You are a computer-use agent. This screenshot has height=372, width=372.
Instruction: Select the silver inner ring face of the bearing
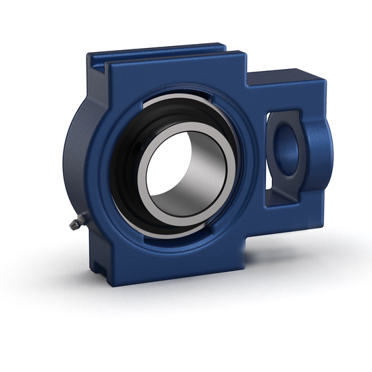145,183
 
